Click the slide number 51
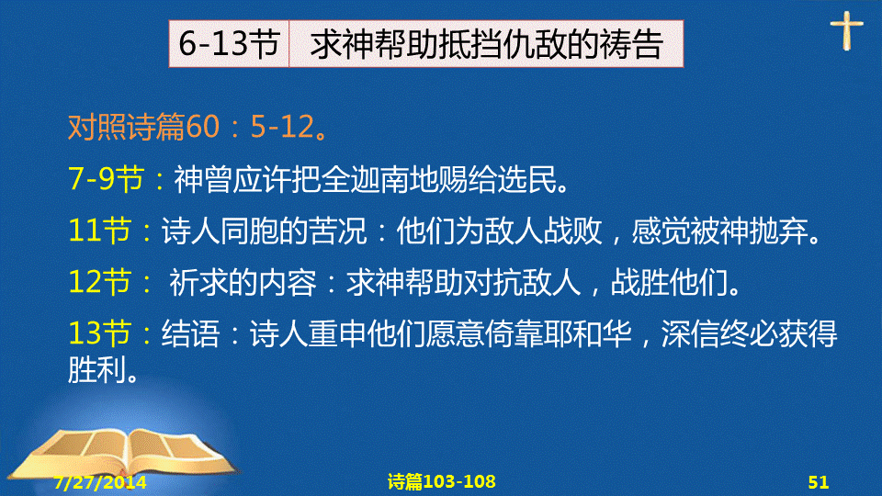[x=819, y=482]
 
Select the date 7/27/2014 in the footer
[x=100, y=482]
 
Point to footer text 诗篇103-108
[x=442, y=481]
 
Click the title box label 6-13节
[x=229, y=43]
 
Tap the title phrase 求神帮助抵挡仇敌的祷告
[x=487, y=44]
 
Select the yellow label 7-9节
[x=107, y=178]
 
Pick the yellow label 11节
[x=99, y=231]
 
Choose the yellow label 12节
[x=99, y=282]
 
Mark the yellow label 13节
[x=99, y=333]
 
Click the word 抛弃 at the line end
[x=779, y=231]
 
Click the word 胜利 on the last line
[x=96, y=369]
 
